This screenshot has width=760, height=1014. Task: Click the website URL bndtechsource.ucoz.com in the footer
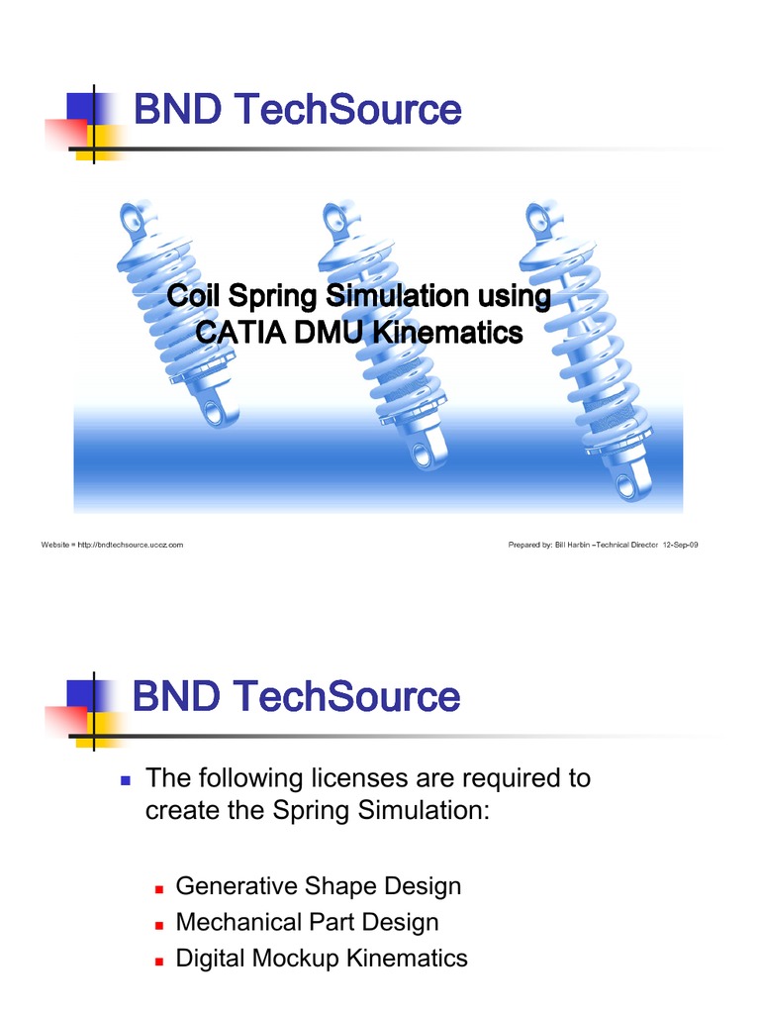click(135, 545)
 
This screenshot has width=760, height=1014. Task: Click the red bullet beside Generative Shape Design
click(157, 886)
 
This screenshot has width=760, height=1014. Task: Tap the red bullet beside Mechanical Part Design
click(157, 924)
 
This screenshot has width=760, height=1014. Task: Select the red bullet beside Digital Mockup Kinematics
click(157, 960)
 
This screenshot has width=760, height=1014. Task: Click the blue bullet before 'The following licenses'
click(125, 780)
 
